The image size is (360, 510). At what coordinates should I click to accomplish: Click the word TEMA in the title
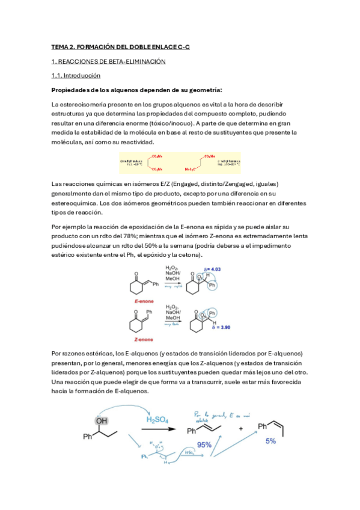[60, 46]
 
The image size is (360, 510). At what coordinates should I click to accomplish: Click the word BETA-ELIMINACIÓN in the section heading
[135, 61]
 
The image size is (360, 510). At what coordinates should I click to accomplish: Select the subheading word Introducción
[82, 76]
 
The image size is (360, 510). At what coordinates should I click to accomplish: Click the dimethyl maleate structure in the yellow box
[145, 162]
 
